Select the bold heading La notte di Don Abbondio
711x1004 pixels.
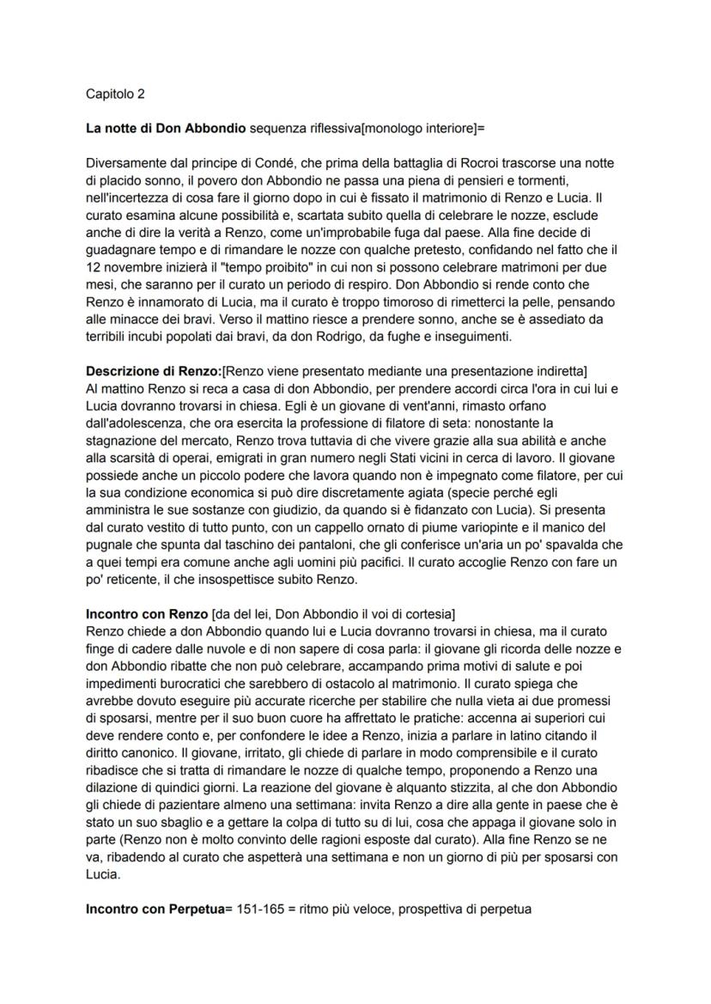point(165,129)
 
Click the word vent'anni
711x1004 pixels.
point(428,403)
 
